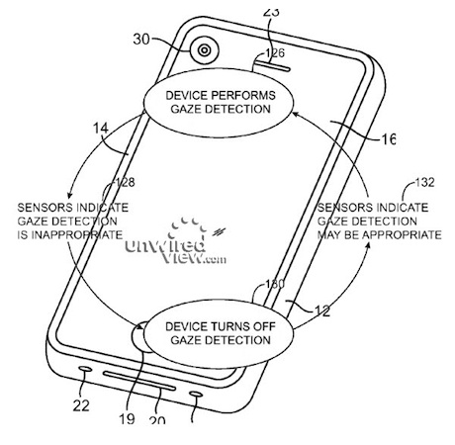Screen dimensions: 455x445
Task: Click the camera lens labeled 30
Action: point(205,50)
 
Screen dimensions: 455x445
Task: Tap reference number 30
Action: point(141,40)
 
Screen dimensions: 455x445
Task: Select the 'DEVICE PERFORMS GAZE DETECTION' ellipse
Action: point(218,103)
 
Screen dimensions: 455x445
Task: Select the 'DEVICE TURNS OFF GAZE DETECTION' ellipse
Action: point(218,334)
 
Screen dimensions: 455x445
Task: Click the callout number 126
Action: point(275,53)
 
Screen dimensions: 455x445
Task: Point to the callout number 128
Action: point(125,182)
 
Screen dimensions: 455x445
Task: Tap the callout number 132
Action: point(424,182)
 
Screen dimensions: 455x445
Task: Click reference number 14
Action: point(101,128)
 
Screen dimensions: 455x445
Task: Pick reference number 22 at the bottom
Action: point(81,405)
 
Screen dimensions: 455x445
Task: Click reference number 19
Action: point(127,419)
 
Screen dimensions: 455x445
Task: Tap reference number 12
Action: point(322,311)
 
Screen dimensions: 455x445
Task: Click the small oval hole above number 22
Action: point(86,368)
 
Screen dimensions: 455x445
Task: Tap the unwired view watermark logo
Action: point(176,241)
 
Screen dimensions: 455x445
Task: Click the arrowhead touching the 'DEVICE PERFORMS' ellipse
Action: point(296,115)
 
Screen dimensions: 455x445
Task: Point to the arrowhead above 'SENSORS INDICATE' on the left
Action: point(70,195)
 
